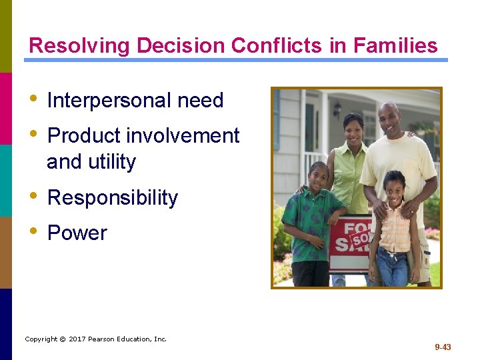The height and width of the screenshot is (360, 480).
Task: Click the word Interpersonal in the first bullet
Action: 105,101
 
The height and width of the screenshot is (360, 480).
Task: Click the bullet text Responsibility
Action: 113,198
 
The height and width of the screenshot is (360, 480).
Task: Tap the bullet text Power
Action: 77,233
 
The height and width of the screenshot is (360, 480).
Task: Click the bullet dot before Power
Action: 33,232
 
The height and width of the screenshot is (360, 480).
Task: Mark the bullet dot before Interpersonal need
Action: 33,99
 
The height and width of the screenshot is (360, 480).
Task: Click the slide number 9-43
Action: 443,347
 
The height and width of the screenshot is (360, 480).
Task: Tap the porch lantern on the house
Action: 337,108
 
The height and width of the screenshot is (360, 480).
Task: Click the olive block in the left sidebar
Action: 6,36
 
